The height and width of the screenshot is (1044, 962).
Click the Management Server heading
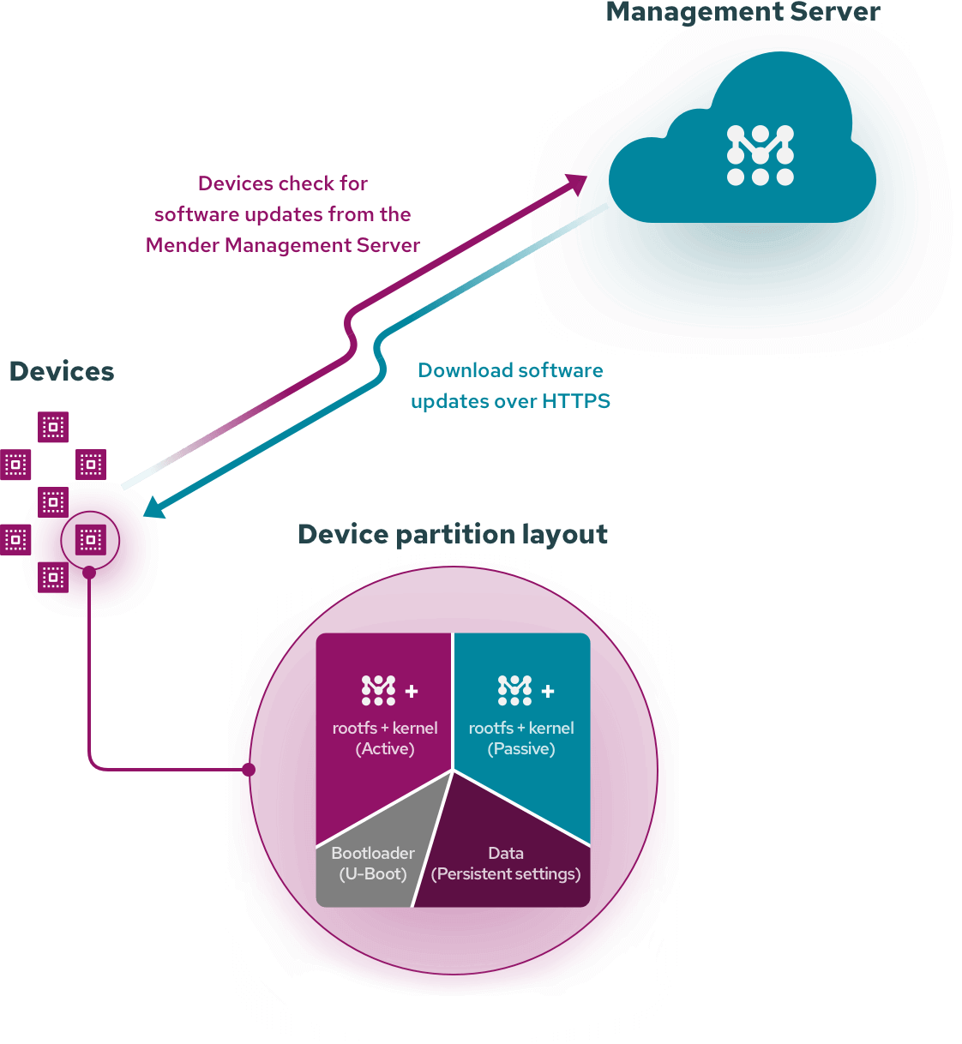[743, 12]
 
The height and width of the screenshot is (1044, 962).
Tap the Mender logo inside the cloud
[761, 155]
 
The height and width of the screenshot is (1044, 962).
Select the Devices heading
[62, 371]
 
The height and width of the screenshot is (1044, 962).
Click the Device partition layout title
[453, 534]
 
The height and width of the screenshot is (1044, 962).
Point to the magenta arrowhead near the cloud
[577, 183]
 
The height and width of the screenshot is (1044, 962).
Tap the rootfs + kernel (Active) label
[385, 738]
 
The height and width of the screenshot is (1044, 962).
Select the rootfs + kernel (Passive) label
[521, 738]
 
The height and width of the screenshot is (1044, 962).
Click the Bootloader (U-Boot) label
[373, 863]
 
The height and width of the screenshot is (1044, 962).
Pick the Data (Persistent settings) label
[506, 863]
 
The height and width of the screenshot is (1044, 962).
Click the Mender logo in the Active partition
[378, 690]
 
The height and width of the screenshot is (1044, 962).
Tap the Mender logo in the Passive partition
[514, 690]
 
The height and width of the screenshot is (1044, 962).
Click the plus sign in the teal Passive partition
[548, 691]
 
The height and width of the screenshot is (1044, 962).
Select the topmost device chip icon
[53, 427]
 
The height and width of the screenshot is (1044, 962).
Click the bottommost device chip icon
[53, 577]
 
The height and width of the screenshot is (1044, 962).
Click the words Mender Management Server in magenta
[283, 245]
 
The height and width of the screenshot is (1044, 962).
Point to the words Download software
[510, 370]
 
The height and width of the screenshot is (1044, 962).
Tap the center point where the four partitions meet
[453, 771]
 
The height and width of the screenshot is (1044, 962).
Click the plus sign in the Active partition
[412, 691]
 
